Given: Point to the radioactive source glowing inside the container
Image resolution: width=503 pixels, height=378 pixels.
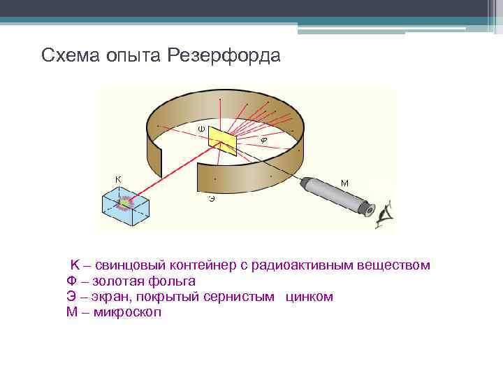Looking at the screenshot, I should coord(126,203).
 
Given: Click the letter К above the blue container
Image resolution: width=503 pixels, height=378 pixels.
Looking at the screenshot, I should coord(118,178).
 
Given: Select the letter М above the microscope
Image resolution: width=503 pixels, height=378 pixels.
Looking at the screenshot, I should coord(344,183).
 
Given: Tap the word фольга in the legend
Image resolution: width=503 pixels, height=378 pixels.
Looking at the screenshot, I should coord(172,281).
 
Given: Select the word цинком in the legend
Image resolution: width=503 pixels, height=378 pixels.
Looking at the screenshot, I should coord(309,297).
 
